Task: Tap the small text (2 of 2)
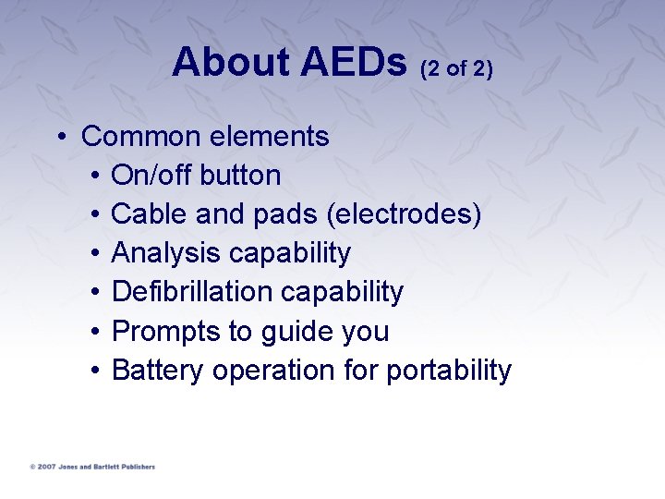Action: pos(456,68)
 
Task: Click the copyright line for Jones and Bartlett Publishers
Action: pos(92,467)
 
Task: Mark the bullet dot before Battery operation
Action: pos(96,371)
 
